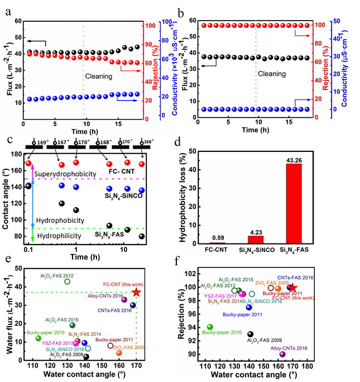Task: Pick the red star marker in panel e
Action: [x=137, y=293]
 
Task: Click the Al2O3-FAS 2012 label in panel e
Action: [x=56, y=275]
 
